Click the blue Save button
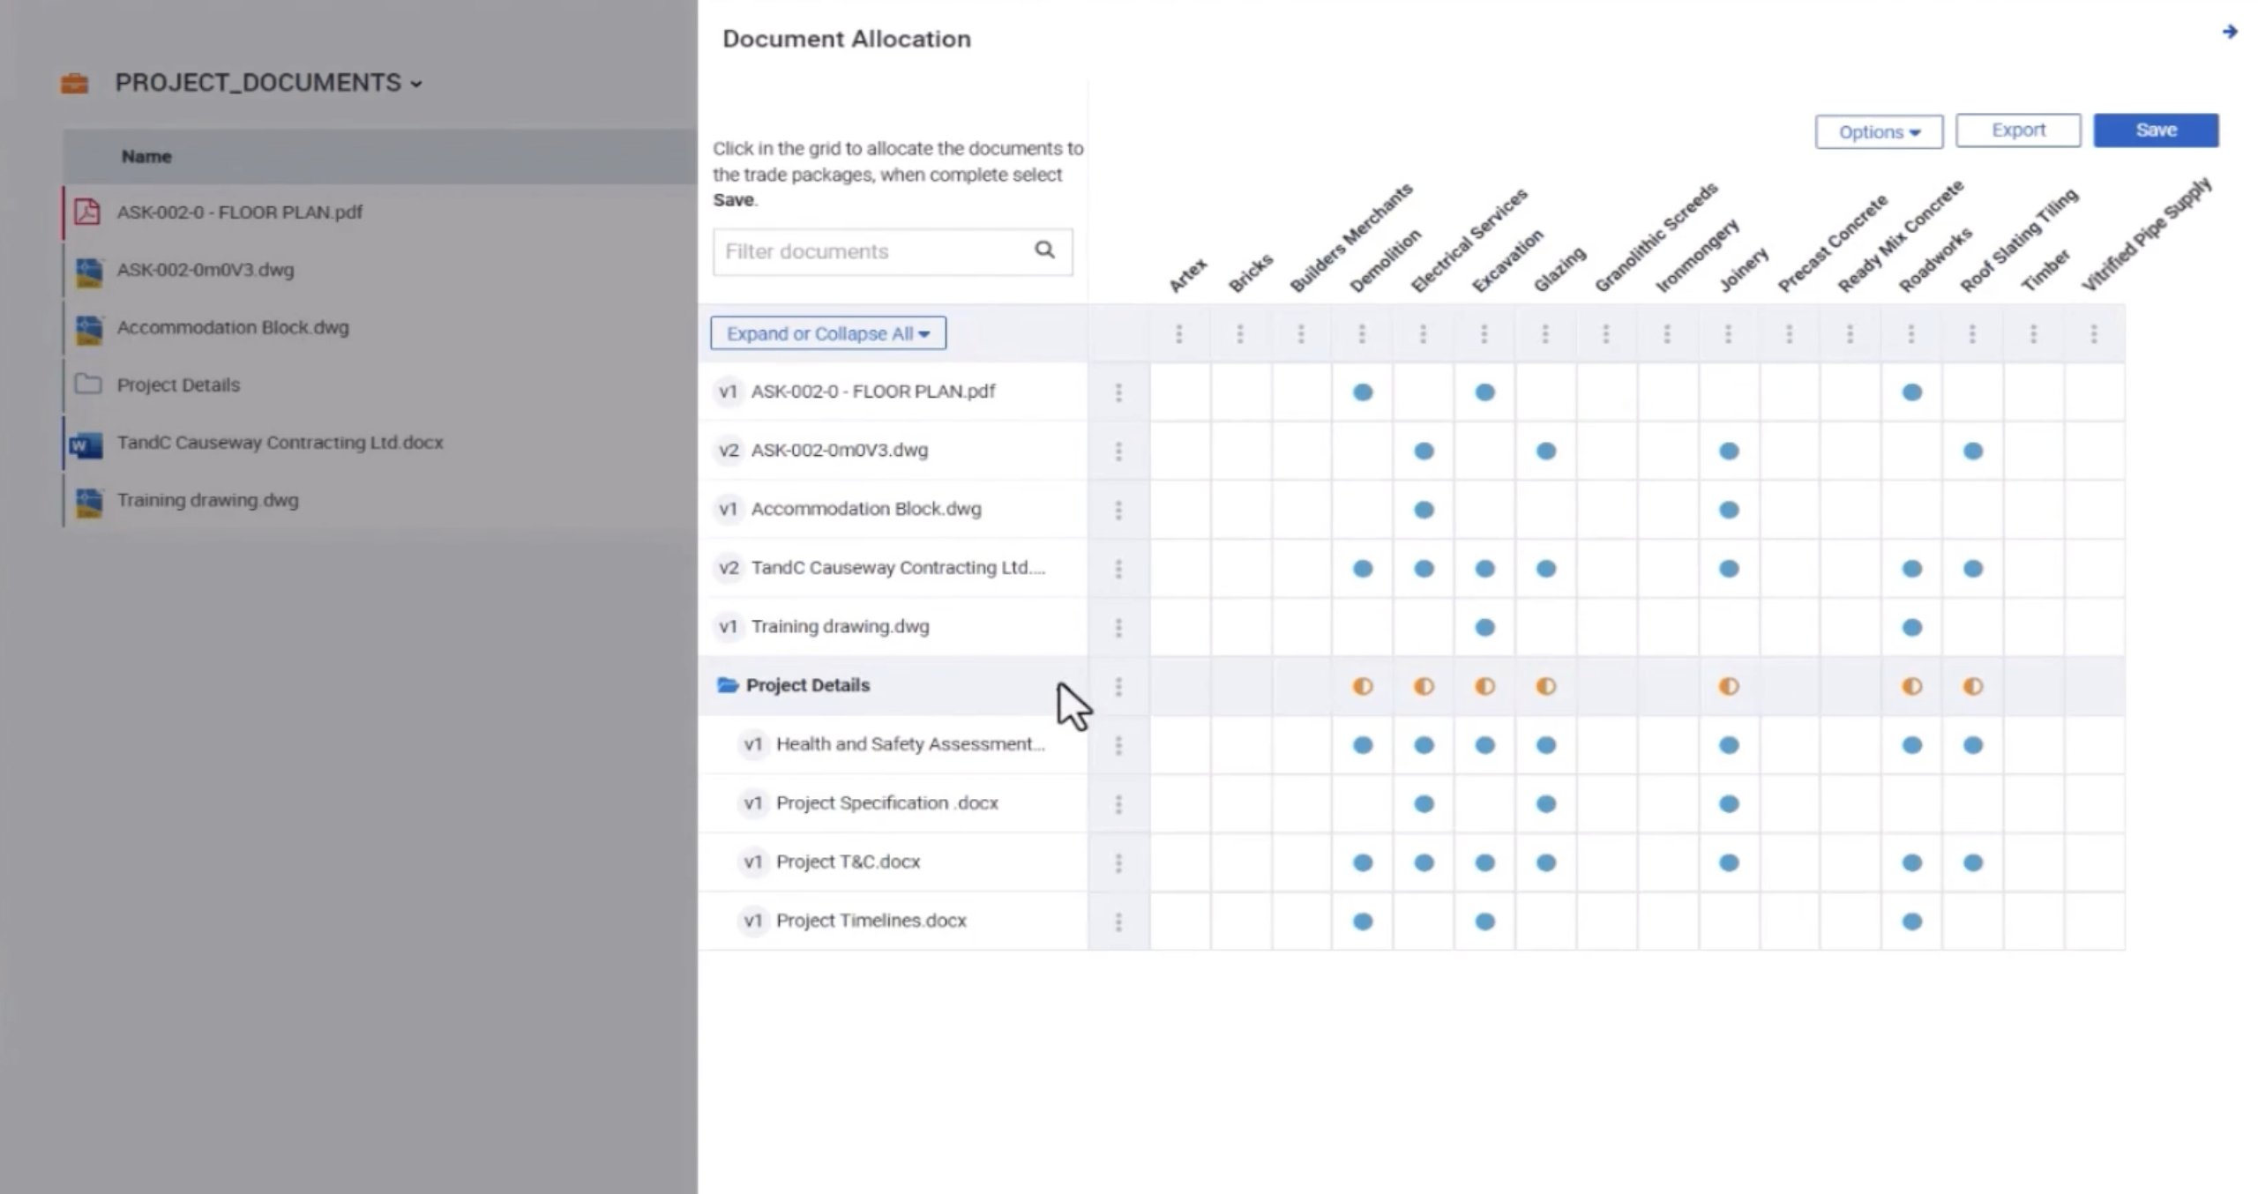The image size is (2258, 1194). (2155, 131)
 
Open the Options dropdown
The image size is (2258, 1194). (1878, 132)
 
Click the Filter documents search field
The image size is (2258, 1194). (873, 252)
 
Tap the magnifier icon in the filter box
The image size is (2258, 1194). (1044, 250)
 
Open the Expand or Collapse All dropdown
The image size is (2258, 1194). (827, 333)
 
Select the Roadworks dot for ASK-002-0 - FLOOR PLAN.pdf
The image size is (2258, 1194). (1911, 392)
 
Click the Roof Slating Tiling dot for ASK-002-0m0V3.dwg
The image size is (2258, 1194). (1972, 451)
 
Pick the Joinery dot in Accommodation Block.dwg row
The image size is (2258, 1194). (1728, 510)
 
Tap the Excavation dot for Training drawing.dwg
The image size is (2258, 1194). (1484, 628)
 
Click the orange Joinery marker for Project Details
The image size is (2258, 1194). (1728, 686)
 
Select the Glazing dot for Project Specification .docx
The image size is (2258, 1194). (1545, 804)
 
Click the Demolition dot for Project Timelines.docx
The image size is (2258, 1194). (1362, 922)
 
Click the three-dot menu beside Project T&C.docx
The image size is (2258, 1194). (1118, 862)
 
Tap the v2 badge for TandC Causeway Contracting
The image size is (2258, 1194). (728, 568)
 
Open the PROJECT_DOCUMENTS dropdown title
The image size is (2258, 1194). (268, 83)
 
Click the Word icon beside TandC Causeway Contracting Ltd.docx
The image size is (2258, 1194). (86, 444)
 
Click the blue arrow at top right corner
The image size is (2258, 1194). (2229, 33)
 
